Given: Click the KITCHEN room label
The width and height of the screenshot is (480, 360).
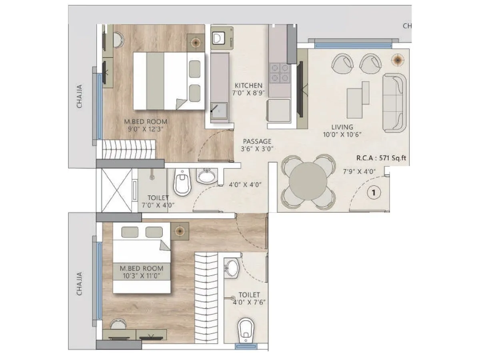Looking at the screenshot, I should point(248,85).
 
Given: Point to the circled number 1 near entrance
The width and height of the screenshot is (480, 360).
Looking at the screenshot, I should point(374,193).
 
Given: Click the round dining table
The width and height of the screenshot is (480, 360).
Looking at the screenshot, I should point(308,181).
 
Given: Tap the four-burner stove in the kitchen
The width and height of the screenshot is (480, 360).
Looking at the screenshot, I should point(279,72).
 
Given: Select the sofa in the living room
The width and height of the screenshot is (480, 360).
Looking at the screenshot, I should point(394,103).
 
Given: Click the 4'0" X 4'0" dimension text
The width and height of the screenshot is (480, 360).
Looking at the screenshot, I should point(245,185).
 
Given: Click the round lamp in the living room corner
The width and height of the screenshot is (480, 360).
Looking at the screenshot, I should point(398,59).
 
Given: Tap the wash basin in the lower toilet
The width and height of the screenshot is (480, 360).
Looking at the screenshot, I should point(231,268).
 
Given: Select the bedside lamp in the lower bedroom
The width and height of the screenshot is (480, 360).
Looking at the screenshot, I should point(179,231).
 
